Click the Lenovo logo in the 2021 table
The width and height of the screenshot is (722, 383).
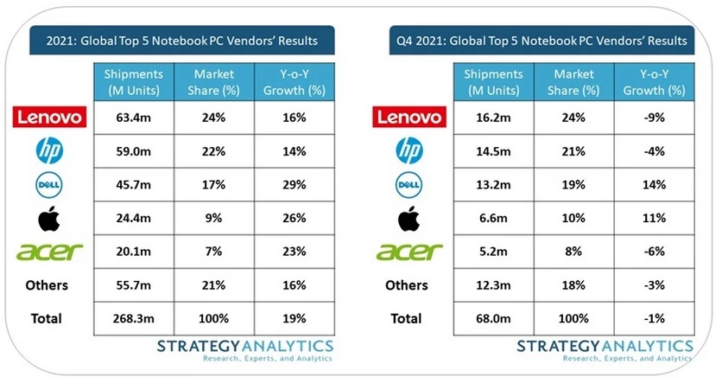49,117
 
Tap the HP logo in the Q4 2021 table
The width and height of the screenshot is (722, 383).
409,150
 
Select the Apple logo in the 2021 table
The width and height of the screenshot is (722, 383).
49,218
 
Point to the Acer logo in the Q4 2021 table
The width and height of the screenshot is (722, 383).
409,252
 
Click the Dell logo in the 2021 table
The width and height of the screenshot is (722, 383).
49,184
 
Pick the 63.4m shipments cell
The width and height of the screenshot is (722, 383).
134,118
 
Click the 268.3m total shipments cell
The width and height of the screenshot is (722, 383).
134,318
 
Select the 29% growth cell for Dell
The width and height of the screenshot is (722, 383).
294,184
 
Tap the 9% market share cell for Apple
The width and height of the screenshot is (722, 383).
213,218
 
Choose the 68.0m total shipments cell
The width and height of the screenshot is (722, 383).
493,318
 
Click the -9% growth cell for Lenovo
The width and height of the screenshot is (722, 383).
655,118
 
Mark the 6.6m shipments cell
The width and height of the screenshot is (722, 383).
493,218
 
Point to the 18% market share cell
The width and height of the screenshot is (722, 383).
573,285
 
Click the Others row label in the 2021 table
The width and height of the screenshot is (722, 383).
47,285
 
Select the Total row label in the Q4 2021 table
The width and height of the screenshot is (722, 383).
406,318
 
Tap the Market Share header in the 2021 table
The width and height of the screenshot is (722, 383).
213,82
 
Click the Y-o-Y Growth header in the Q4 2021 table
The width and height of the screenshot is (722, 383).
655,82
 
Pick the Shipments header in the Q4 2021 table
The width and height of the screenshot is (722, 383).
493,82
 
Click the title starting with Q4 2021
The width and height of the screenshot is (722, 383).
541,41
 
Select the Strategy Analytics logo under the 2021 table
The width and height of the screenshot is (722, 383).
245,350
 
